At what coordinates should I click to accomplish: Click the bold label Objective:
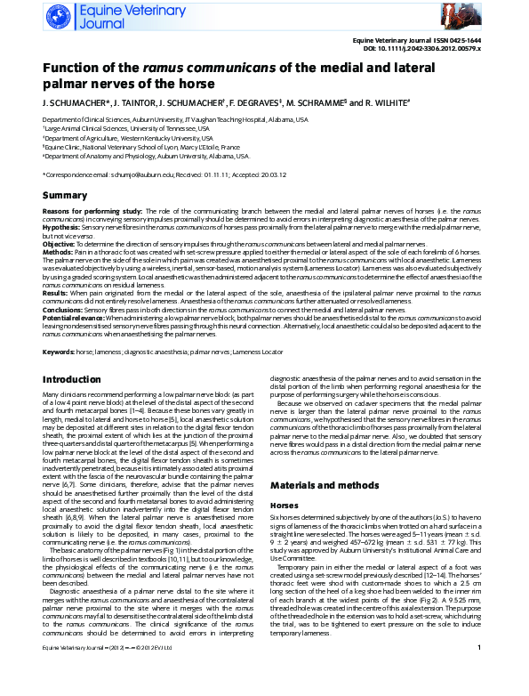point(59,243)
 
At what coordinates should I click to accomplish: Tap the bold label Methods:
point(59,252)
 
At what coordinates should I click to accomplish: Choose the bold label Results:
point(58,291)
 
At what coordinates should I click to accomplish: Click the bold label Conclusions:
point(64,308)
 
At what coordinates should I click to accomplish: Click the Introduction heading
point(71,379)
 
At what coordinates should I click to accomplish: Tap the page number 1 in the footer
point(478,672)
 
